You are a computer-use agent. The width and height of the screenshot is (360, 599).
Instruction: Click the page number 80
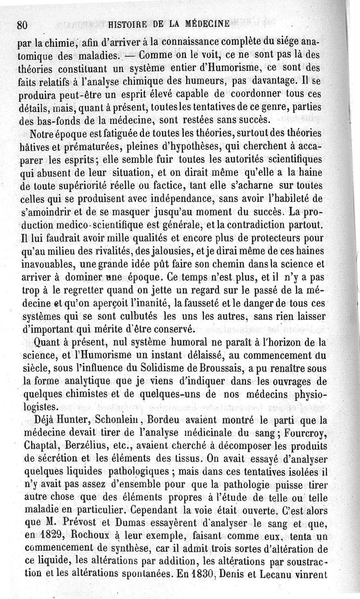click(23, 25)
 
